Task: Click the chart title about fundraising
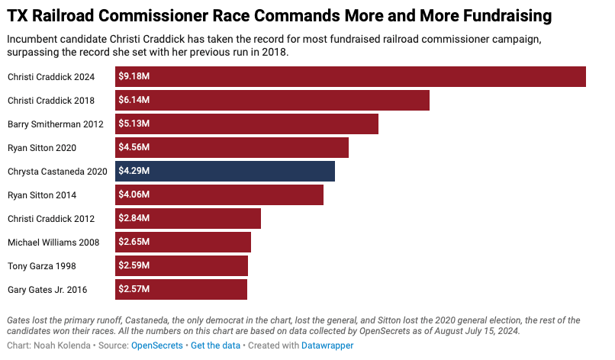pyautogui.click(x=280, y=15)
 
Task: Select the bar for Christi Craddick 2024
pyautogui.click(x=350, y=76)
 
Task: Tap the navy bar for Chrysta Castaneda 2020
pyautogui.click(x=225, y=171)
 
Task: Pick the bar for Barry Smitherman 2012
pyautogui.click(x=246, y=124)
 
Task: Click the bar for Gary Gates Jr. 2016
pyautogui.click(x=181, y=289)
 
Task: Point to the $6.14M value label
pyautogui.click(x=134, y=100)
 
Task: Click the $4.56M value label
pyautogui.click(x=134, y=147)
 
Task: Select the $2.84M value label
pyautogui.click(x=134, y=218)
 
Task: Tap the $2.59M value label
pyautogui.click(x=134, y=265)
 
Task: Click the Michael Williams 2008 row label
pyautogui.click(x=52, y=243)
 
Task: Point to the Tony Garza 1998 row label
pyautogui.click(x=41, y=266)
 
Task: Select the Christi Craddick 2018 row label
pyautogui.click(x=51, y=101)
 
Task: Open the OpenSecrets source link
pyautogui.click(x=157, y=346)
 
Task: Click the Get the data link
pyautogui.click(x=216, y=346)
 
